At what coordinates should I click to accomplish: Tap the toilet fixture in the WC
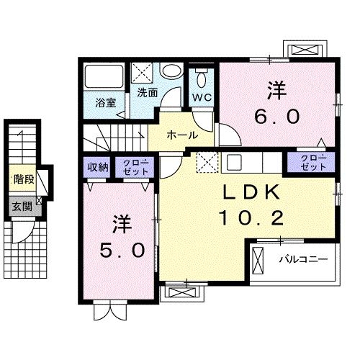tap(201, 78)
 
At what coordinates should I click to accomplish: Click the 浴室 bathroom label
tap(105, 102)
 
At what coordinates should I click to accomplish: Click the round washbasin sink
tap(171, 72)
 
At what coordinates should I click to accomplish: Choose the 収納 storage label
tap(99, 167)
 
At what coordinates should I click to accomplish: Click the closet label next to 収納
tap(135, 167)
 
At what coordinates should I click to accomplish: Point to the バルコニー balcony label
tap(305, 258)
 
